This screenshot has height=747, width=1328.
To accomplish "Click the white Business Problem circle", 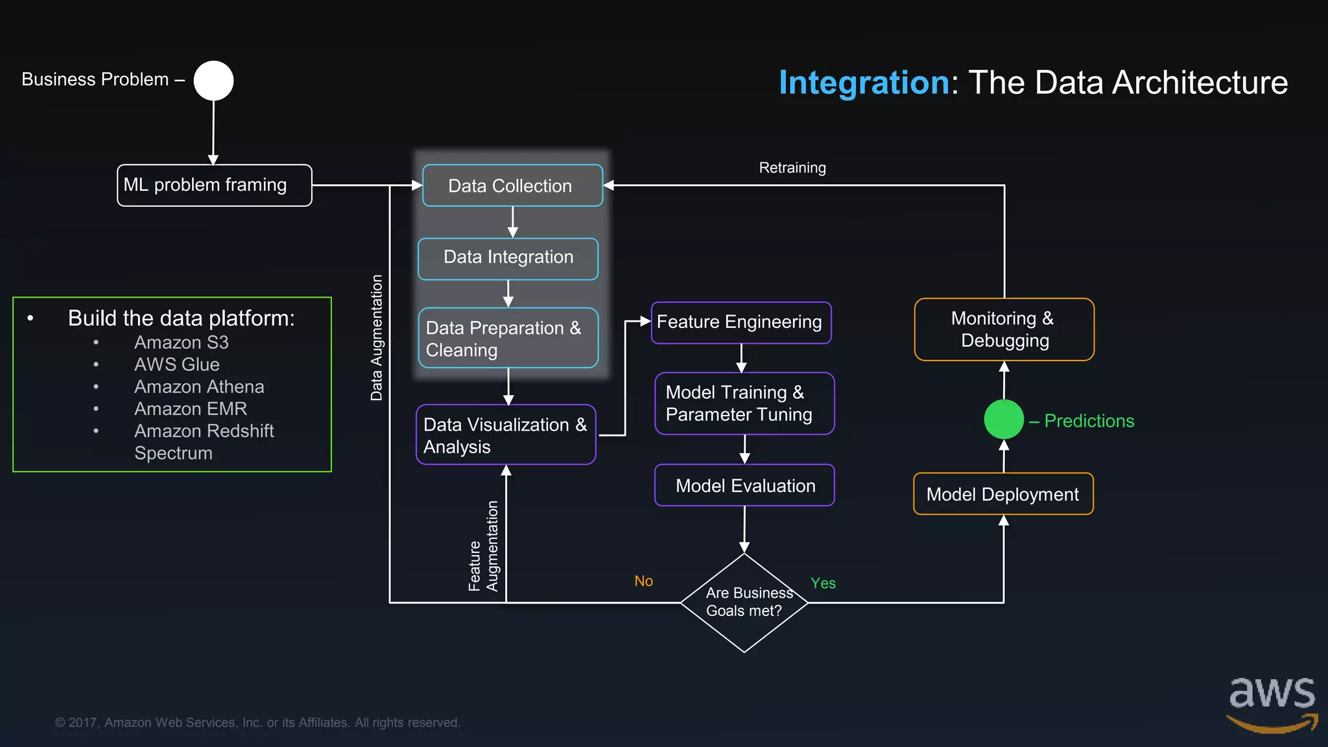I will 213,81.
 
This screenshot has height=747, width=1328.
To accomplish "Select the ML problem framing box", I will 214,185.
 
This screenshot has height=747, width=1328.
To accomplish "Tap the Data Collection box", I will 512,185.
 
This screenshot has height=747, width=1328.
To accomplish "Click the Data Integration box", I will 508,258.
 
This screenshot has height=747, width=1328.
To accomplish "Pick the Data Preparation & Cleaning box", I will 508,338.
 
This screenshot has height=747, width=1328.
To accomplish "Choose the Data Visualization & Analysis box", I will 506,434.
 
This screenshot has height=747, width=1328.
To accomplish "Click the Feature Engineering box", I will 741,322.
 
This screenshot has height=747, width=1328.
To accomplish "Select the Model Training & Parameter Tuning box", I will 744,403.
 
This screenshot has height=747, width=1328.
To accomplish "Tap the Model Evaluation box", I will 744,485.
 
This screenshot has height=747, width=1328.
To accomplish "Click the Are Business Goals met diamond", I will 744,602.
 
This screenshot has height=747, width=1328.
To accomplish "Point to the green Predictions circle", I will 1004,420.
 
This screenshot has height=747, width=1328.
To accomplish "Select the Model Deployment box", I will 1003,494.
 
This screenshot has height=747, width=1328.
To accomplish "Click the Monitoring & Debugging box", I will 1004,329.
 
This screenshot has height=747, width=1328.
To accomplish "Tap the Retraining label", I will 792,168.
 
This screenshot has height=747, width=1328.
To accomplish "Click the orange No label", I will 643,581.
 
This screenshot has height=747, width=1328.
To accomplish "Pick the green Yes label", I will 823,583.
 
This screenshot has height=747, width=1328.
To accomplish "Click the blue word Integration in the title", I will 864,82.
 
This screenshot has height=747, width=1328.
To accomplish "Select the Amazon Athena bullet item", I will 199,387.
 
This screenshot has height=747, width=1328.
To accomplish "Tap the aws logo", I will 1272,704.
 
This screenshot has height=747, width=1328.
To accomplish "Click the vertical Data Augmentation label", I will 376,337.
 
